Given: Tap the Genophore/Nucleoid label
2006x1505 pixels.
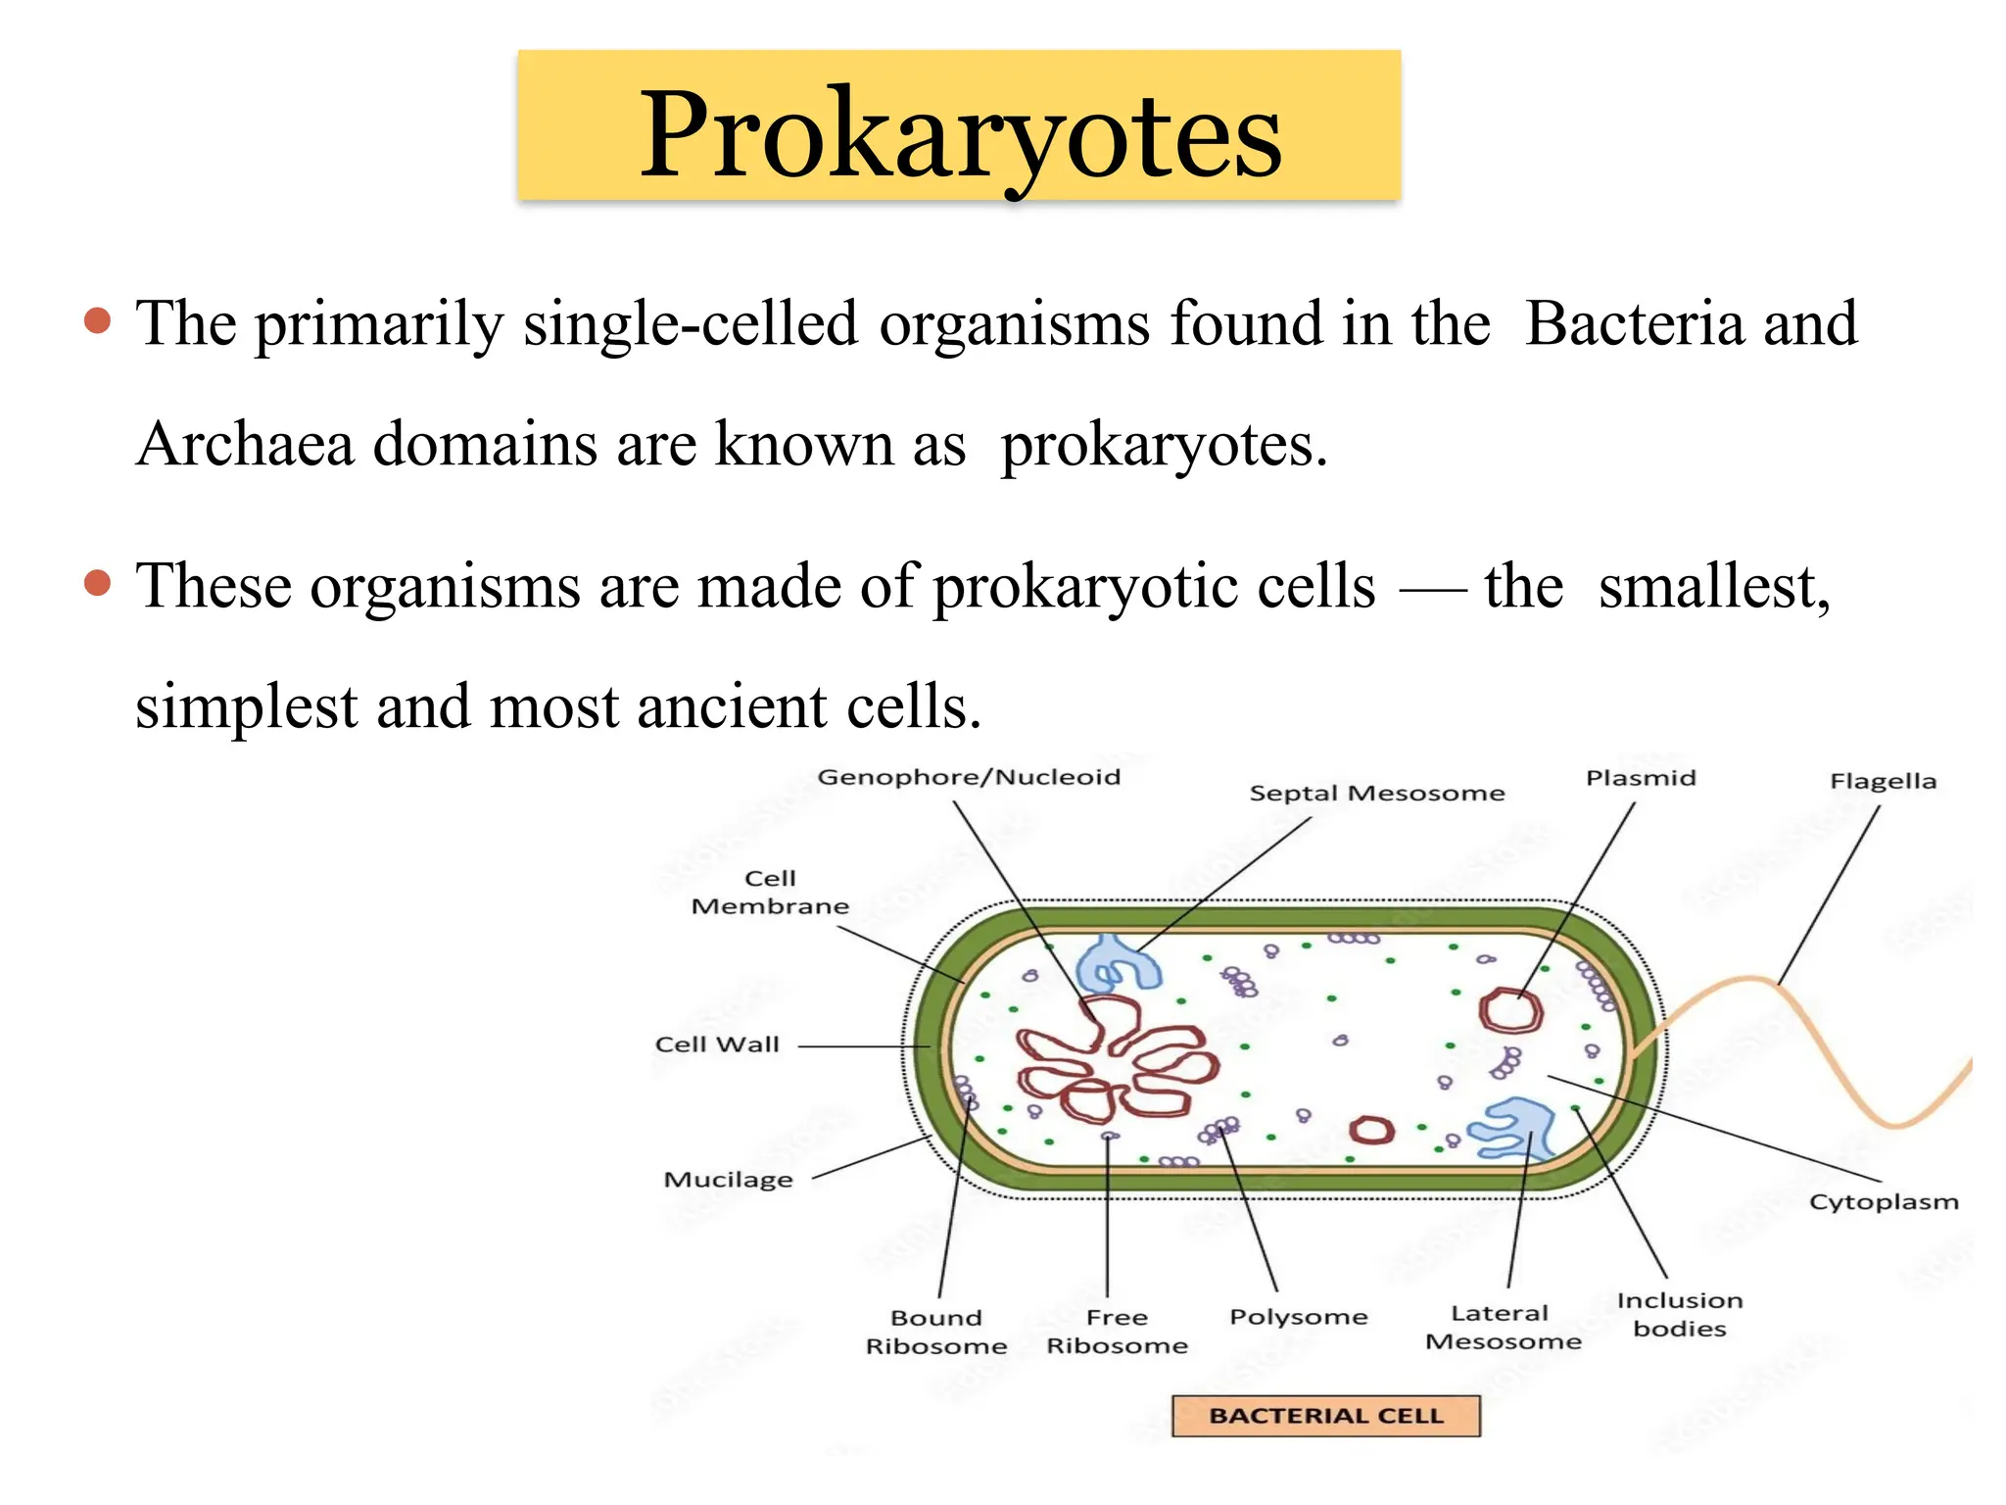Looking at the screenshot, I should (969, 778).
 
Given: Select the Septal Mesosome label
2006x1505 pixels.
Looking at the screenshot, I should (1376, 794).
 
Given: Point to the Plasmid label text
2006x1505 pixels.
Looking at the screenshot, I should (1641, 779).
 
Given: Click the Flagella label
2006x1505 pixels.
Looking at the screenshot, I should (1883, 782).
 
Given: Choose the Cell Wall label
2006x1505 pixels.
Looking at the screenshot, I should (717, 1045).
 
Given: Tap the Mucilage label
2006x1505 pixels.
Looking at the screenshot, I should (728, 1180).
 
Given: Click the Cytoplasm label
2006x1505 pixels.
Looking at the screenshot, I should (1883, 1202).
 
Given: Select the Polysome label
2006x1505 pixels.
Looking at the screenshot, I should (1298, 1317).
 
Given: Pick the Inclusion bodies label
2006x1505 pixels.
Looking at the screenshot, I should (1680, 1315).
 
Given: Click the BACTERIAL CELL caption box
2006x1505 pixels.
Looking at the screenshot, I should (1325, 1417).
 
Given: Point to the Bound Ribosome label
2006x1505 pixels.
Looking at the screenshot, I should (936, 1332).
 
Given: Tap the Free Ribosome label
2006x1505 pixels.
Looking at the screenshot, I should (1117, 1332).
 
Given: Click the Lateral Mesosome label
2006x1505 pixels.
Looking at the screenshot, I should (1503, 1328).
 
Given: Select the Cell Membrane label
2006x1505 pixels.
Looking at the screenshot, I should (770, 893).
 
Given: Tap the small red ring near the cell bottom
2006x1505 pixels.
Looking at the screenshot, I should (1371, 1131).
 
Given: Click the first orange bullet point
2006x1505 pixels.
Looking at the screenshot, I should (98, 321).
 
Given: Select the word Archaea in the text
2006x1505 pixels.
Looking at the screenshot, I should (245, 445).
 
